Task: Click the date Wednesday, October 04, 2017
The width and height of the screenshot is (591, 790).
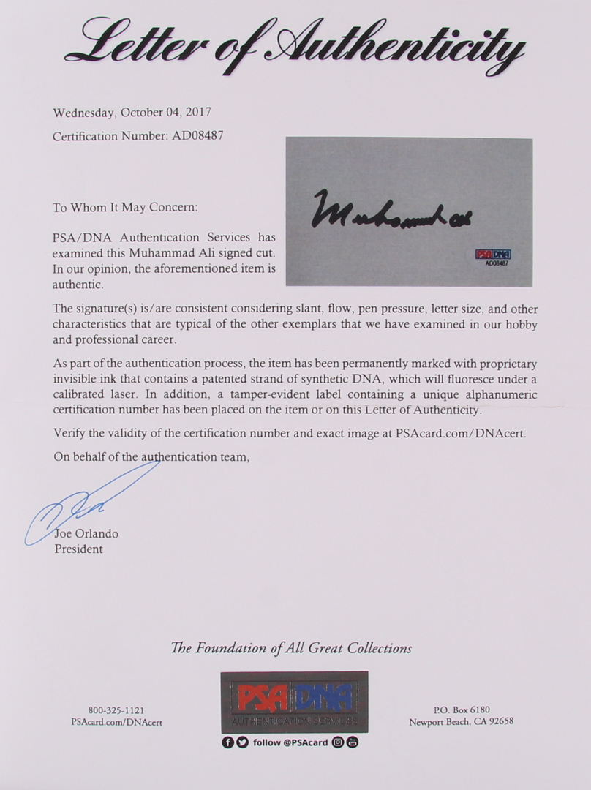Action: [132, 113]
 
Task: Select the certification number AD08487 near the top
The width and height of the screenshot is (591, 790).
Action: [197, 136]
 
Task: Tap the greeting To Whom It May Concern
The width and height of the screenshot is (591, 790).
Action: [125, 207]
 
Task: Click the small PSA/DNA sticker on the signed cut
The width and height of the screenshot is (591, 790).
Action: [493, 256]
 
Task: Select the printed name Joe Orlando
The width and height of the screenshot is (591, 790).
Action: [86, 533]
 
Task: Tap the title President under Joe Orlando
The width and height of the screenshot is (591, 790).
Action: [78, 549]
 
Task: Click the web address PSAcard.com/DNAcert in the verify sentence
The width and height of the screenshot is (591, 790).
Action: [460, 433]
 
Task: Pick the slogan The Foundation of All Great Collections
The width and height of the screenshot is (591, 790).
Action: [291, 648]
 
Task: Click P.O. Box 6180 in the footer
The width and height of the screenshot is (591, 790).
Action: [461, 710]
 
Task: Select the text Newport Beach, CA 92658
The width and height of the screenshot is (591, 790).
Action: [461, 721]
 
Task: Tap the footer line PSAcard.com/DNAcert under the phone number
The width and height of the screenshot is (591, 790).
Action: [116, 722]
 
